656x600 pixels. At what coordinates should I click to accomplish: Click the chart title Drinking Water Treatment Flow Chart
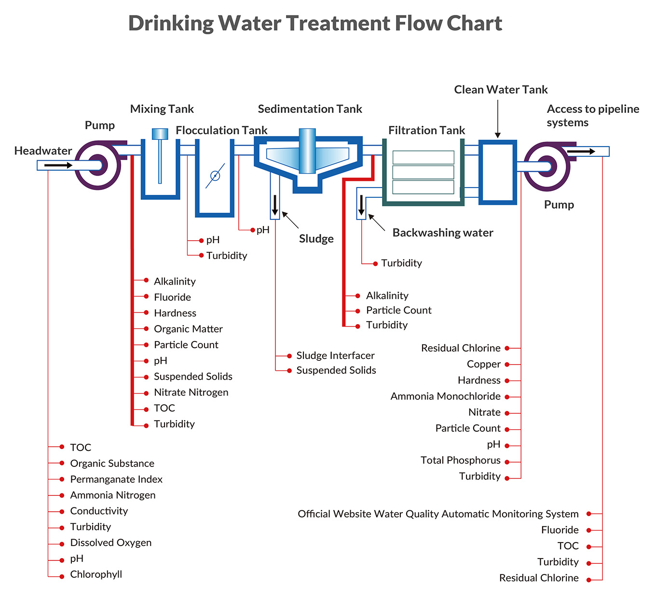[x=315, y=23]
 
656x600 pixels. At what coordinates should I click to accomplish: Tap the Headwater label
[x=43, y=150]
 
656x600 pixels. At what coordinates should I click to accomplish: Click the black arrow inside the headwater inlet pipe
[x=58, y=165]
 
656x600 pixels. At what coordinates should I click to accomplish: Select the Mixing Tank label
[x=162, y=109]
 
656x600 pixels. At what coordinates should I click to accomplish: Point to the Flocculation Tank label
[x=221, y=130]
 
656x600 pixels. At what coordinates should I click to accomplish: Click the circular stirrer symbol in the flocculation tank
[x=215, y=176]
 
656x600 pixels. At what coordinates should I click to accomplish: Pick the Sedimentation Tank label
[x=310, y=109]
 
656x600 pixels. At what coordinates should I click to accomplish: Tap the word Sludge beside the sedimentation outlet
[x=316, y=239]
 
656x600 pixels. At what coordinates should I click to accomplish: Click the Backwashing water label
[x=443, y=232]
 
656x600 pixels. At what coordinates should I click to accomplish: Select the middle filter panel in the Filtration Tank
[x=423, y=172]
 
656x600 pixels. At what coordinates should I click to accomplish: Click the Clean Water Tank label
[x=501, y=90]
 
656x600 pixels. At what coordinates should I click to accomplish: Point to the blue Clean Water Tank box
[x=497, y=172]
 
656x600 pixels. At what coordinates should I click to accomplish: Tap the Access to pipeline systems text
[x=592, y=116]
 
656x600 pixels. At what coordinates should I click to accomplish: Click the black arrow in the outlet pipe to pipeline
[x=581, y=151]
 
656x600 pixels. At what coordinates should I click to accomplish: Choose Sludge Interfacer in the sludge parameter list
[x=335, y=355]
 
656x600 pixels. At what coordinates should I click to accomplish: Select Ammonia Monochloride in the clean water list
[x=445, y=396]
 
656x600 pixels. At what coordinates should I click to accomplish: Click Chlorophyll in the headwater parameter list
[x=96, y=574]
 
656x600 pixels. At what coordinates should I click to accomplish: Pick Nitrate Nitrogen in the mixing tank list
[x=191, y=393]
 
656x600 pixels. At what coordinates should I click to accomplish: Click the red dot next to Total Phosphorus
[x=507, y=462]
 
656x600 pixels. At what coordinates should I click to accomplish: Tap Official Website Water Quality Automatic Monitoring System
[x=438, y=514]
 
